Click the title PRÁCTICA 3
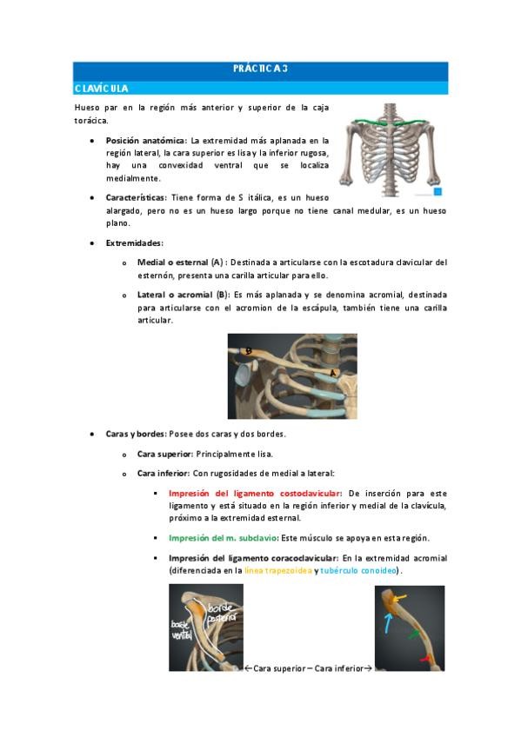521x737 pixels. pos(260,69)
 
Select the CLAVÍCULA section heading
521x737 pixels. pos(101,89)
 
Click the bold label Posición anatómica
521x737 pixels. pos(145,141)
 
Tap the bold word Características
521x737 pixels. pos(136,198)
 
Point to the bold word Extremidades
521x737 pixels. pos(134,243)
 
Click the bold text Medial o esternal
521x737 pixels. pos(172,262)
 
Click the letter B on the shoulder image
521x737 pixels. pos(249,351)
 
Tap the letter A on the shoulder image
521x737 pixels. pos(333,373)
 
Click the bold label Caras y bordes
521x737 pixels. pos(135,434)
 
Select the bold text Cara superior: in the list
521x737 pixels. pos(165,454)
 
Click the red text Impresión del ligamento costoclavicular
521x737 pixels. pos(254,494)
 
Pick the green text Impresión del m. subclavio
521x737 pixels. pos(223,538)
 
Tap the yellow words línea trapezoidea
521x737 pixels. pos(278,571)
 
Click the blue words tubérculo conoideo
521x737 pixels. pos(358,571)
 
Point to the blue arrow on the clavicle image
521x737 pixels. pos(387,623)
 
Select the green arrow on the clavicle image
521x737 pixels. pos(413,634)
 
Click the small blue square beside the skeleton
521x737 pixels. pos(438,192)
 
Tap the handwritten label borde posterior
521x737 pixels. pos(222,613)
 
